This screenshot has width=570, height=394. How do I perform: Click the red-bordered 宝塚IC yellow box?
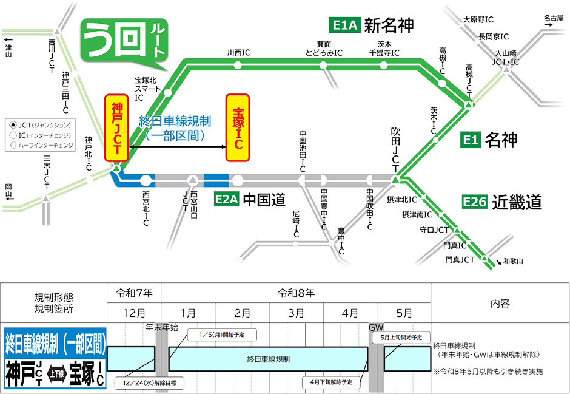tap(238, 127)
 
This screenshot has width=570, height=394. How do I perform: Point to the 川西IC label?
tap(238, 53)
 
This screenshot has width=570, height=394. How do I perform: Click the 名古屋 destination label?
tap(553, 18)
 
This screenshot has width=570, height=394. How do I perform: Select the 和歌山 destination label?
tap(512, 262)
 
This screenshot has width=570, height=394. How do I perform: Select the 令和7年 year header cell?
tap(134, 293)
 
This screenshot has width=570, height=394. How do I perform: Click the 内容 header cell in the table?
tap(500, 303)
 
